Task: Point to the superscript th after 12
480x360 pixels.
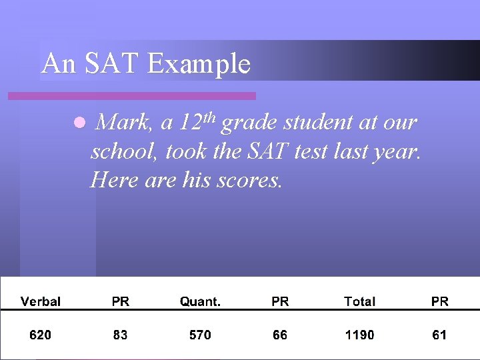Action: [x=208, y=117]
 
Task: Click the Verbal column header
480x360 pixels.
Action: [x=41, y=301]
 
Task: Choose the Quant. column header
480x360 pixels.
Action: [x=200, y=301]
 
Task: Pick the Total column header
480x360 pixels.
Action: [x=359, y=301]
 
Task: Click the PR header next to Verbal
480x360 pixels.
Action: [x=121, y=301]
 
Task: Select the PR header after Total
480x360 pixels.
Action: [x=439, y=301]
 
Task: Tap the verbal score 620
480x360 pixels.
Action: [x=41, y=335]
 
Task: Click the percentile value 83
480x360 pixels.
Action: [x=121, y=335]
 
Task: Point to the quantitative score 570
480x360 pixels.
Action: [x=200, y=335]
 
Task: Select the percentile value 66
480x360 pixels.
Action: [x=280, y=335]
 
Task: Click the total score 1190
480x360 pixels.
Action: [x=359, y=335]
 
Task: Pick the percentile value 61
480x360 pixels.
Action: [x=439, y=335]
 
